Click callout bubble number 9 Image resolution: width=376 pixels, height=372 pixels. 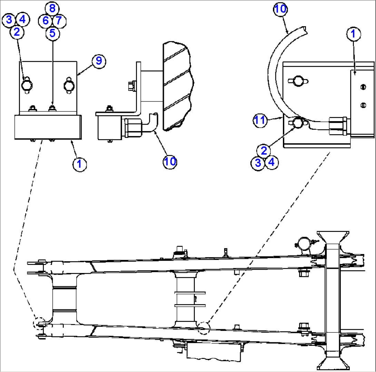click(99, 61)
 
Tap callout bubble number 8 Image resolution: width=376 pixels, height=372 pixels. click(52, 8)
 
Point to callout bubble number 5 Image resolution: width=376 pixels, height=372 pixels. click(52, 33)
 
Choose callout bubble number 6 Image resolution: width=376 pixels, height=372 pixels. click(46, 20)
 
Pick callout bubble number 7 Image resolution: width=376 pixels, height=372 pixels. click(59, 20)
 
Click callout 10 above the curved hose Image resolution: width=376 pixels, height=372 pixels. click(281, 9)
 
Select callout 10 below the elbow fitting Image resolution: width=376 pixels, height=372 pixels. click(170, 161)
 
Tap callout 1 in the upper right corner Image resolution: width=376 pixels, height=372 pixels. click(353, 34)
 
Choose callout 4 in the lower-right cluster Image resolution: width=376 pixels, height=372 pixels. click(271, 162)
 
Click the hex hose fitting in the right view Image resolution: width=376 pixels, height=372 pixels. click(338, 126)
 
